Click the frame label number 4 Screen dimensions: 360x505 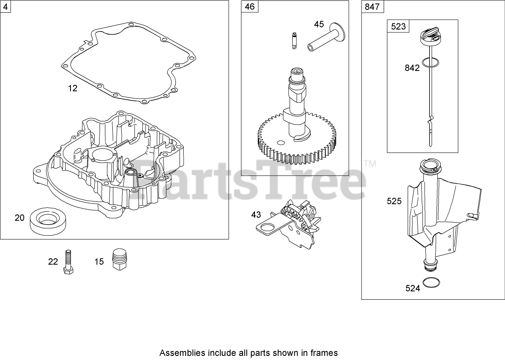pyautogui.click(x=5, y=6)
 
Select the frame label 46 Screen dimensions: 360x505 pyautogui.click(x=249, y=6)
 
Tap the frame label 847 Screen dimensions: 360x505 pyautogui.click(x=372, y=7)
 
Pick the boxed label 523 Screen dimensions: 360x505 pyautogui.click(x=398, y=27)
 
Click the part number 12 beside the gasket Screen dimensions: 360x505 pyautogui.click(x=73, y=88)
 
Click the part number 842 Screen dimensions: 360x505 pyautogui.click(x=412, y=68)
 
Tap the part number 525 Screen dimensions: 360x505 pyautogui.click(x=394, y=201)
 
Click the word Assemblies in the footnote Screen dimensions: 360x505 pyautogui.click(x=179, y=353)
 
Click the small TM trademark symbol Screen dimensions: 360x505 pyautogui.click(x=370, y=164)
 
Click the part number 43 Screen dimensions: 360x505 pyautogui.click(x=256, y=214)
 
